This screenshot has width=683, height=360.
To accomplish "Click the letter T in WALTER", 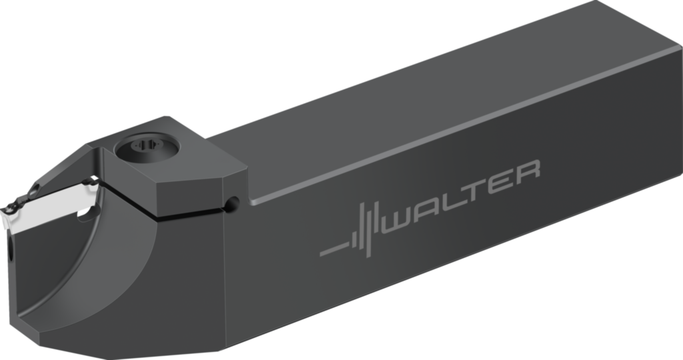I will pyautogui.click(x=484, y=181).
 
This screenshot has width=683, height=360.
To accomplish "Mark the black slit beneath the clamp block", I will pyautogui.click(x=187, y=213).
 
